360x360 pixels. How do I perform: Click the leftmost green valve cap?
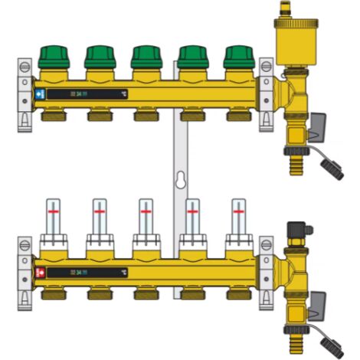pyautogui.click(x=54, y=56)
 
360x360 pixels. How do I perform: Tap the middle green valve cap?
pyautogui.click(x=146, y=56)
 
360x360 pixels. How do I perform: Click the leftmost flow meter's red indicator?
pyautogui.click(x=54, y=208)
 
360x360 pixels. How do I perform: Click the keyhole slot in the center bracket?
pyautogui.click(x=180, y=182)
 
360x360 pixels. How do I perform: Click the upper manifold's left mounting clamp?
pyautogui.click(x=25, y=92)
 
